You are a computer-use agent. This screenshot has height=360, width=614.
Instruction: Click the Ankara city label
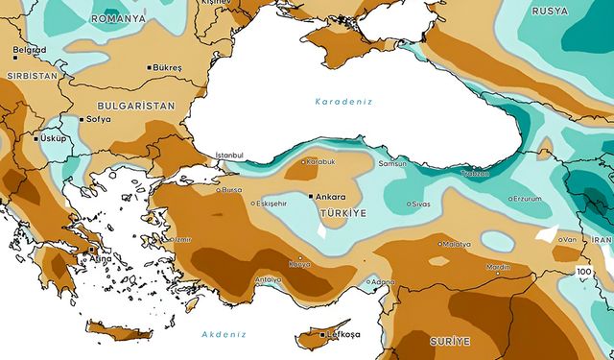click(332, 196)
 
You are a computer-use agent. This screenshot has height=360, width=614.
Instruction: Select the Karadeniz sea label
click(343, 101)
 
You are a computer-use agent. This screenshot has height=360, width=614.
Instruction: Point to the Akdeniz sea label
click(224, 334)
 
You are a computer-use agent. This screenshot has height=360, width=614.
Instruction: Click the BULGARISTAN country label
click(134, 105)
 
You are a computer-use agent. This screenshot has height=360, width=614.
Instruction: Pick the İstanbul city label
click(229, 155)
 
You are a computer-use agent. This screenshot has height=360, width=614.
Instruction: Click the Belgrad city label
click(29, 49)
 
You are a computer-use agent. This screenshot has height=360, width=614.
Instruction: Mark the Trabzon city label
click(474, 174)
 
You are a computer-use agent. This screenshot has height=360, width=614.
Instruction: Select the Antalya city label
click(268, 279)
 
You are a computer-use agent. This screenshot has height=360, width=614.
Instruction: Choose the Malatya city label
click(456, 244)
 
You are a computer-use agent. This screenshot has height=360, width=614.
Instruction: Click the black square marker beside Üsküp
click(36, 138)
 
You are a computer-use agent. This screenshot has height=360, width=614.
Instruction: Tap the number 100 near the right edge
click(584, 273)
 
